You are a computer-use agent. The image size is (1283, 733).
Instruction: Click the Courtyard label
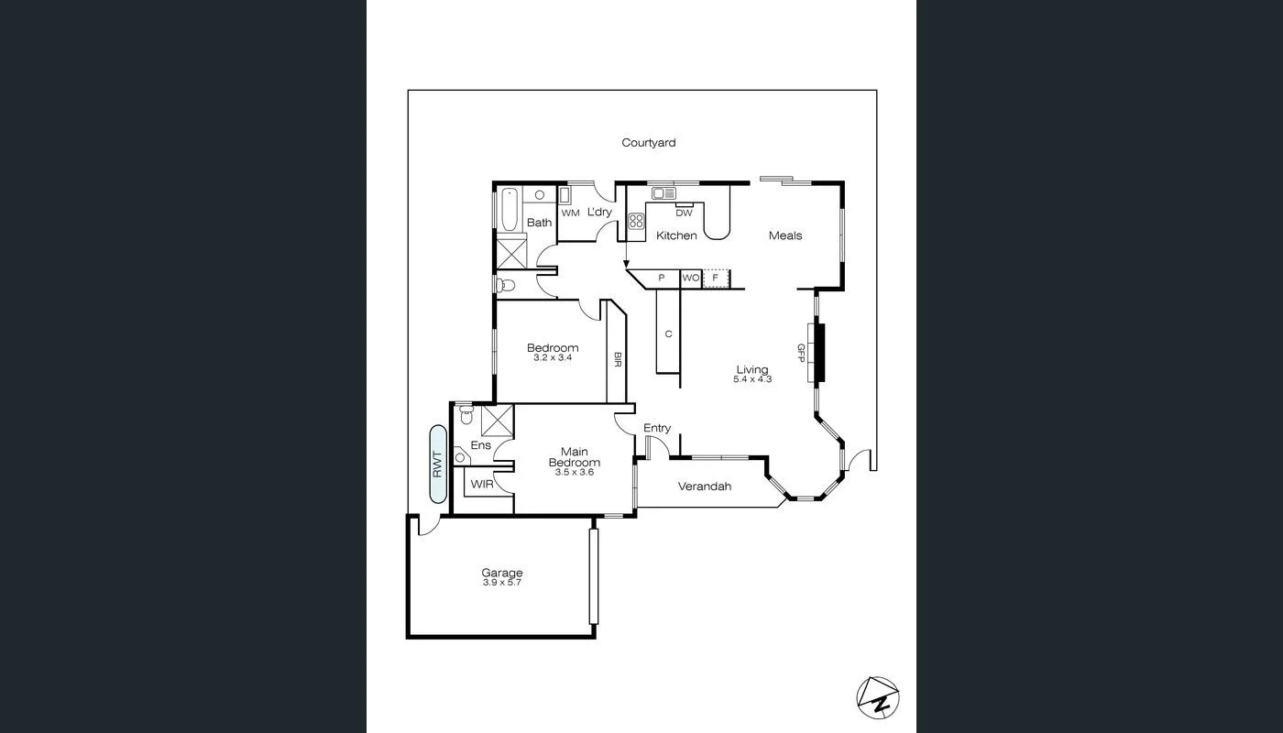coord(648,143)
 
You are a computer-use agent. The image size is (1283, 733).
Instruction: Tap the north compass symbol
coord(878,696)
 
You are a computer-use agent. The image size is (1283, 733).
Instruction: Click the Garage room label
coord(501,574)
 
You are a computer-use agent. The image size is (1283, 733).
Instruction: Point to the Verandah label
coord(704,487)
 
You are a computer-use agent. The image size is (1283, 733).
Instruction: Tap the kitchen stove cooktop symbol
coord(636,221)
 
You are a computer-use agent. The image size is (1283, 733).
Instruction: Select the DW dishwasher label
coord(684,213)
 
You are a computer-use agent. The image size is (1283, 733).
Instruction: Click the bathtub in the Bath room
coord(509,209)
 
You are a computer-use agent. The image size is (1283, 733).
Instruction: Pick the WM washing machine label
coord(570,213)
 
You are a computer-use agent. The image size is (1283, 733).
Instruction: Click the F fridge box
coord(716,277)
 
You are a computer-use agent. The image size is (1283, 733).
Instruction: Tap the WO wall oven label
coord(690,277)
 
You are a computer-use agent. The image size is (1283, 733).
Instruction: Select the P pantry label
coord(661,277)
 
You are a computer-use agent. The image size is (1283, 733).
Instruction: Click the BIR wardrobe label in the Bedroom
coord(618,359)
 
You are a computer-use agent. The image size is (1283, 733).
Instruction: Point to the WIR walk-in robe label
coord(481,484)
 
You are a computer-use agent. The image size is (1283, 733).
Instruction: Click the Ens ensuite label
coord(480,445)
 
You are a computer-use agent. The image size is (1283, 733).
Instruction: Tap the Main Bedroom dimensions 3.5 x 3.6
coord(575,472)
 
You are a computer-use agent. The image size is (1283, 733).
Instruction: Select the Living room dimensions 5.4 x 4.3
coord(752,378)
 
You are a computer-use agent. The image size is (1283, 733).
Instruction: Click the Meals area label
coord(784,235)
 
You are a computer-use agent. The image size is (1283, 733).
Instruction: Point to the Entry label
coord(656,428)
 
